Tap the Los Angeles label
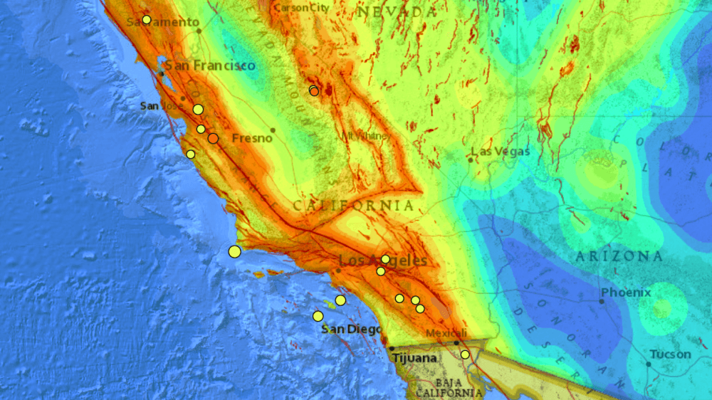tap(383, 261)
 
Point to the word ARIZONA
tap(619, 256)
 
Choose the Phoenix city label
tap(626, 293)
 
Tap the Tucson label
tap(669, 354)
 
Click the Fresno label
tap(253, 137)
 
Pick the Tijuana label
tap(414, 358)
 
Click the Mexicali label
tap(446, 333)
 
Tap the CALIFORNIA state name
tap(353, 206)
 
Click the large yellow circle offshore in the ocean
tap(235, 251)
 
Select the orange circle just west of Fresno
tap(213, 138)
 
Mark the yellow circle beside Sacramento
tap(147, 20)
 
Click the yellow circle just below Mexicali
tap(465, 354)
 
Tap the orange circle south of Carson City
tap(314, 90)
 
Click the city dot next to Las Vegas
tap(471, 159)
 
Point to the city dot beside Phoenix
tap(602, 301)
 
